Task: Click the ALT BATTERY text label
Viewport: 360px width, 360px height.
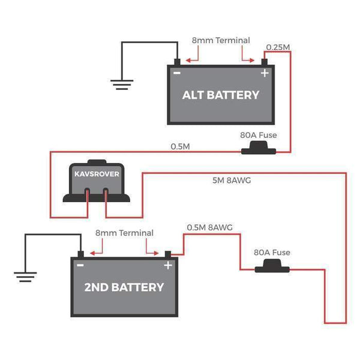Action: [221, 95]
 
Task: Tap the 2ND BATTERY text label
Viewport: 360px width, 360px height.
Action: [124, 287]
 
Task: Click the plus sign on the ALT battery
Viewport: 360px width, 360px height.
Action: [263, 73]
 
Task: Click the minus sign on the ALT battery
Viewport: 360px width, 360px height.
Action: [177, 73]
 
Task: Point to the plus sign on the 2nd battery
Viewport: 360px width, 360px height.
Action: [168, 265]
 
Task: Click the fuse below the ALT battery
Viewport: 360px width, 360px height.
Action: [258, 150]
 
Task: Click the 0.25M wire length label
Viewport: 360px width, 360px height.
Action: [278, 47]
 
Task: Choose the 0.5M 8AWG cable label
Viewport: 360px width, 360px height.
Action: [209, 227]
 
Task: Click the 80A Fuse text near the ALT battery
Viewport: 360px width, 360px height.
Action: [258, 136]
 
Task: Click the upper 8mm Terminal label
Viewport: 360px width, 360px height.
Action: [220, 40]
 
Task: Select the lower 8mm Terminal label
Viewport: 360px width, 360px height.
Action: [124, 233]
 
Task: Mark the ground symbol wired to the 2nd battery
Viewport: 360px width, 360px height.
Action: [24, 276]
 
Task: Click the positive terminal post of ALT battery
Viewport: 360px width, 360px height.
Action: [264, 62]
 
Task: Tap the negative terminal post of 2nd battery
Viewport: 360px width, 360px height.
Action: [80, 254]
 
